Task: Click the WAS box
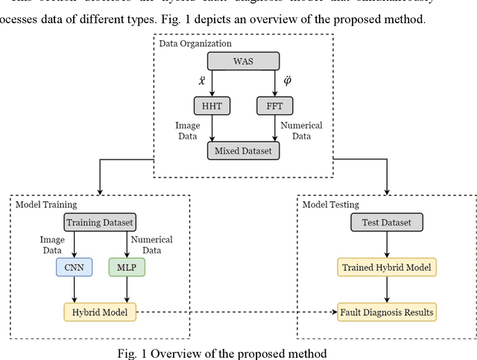pos(242,60)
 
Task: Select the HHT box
pos(208,107)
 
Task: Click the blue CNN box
pos(74,266)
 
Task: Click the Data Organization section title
pos(196,42)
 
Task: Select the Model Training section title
pos(45,204)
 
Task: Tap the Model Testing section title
pos(331,204)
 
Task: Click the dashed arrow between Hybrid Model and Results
pos(235,312)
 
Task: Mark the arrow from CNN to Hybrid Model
pos(74,288)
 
